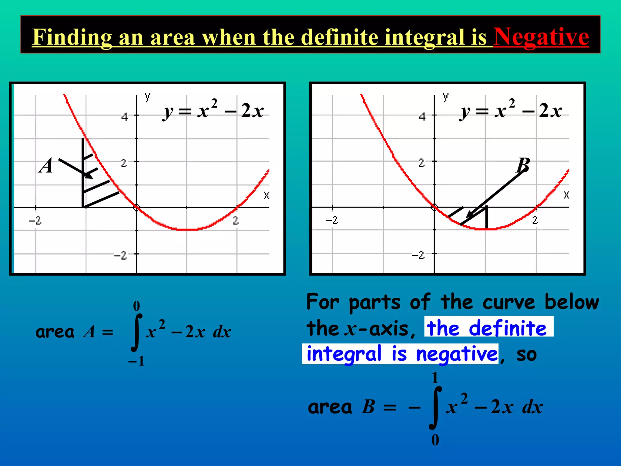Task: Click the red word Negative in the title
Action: tap(541, 37)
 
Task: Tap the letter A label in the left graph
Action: tap(46, 166)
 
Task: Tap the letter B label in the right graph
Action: tap(523, 165)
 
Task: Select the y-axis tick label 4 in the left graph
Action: tap(124, 117)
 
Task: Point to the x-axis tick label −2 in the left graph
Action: tap(35, 221)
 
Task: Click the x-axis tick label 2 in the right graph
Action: tap(535, 220)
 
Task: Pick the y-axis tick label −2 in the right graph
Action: tap(418, 255)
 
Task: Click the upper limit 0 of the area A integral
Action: tap(136, 306)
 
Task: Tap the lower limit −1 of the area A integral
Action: tap(136, 361)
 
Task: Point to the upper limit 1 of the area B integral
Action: tap(435, 378)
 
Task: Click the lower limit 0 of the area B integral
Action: tap(435, 440)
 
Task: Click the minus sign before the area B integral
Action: tap(414, 407)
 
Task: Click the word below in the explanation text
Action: tap(572, 302)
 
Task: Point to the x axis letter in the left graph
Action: tap(267, 195)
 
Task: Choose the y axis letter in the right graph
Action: tap(445, 97)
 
